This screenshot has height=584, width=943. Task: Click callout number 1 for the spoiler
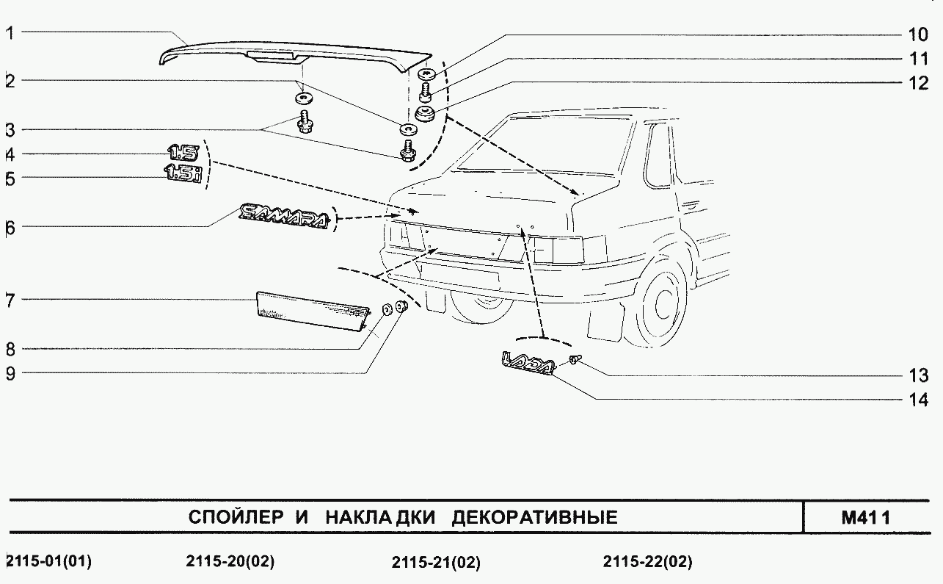pyautogui.click(x=10, y=32)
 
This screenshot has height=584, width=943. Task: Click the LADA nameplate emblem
pyautogui.click(x=525, y=364)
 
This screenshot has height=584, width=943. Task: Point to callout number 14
pyautogui.click(x=917, y=401)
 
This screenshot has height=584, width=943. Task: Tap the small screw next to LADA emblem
pyautogui.click(x=574, y=359)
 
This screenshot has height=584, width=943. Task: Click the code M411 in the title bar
pyautogui.click(x=866, y=517)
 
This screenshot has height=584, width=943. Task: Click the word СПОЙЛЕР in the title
pyautogui.click(x=235, y=517)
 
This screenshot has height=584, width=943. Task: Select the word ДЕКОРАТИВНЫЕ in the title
pyautogui.click(x=534, y=517)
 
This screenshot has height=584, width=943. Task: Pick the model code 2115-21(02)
pyautogui.click(x=436, y=563)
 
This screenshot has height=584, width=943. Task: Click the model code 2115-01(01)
pyautogui.click(x=48, y=562)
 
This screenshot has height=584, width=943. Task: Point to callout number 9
pyautogui.click(x=10, y=373)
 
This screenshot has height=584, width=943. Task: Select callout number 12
pyautogui.click(x=917, y=83)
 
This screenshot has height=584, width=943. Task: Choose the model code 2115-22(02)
pyautogui.click(x=647, y=563)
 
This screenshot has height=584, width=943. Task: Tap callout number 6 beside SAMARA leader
pyautogui.click(x=10, y=228)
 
